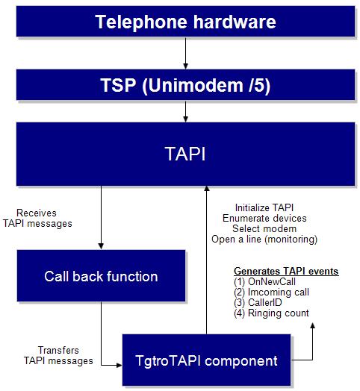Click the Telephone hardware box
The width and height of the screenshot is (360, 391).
[x=185, y=22]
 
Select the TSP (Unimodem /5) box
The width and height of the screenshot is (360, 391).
[x=185, y=85]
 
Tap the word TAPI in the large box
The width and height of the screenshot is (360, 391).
[x=185, y=154]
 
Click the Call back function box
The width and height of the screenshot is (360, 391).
[x=101, y=276]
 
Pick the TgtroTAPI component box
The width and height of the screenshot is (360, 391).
[x=206, y=360]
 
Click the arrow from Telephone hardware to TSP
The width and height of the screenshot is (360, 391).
[x=185, y=53]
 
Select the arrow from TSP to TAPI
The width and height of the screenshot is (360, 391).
[x=185, y=111]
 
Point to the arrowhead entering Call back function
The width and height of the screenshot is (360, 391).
[x=101, y=246]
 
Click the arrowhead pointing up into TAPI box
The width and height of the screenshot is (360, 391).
[x=206, y=189]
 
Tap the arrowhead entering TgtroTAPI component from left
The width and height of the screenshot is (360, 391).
[x=119, y=366]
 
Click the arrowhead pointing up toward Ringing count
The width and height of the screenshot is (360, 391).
[x=312, y=325]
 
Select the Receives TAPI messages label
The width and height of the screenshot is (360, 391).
[x=37, y=218]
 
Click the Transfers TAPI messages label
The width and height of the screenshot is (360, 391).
[x=58, y=355]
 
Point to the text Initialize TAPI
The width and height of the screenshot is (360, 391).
[x=264, y=207]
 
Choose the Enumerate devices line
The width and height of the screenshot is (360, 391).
[x=264, y=218]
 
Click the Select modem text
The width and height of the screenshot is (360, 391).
[x=264, y=228]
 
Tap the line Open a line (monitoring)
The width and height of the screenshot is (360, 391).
[x=264, y=239]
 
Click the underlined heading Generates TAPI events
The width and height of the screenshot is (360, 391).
[x=286, y=271]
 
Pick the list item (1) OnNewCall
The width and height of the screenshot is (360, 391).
[x=264, y=281]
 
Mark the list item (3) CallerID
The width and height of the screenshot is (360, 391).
[x=258, y=302]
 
